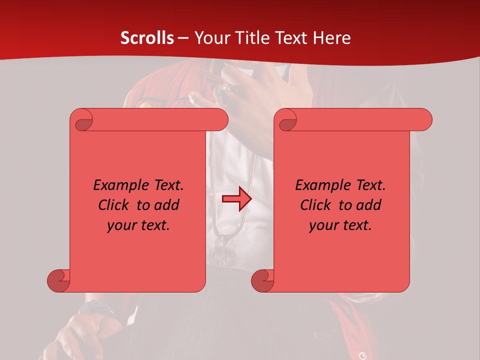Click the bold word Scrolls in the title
[147, 38]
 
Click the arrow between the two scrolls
[236, 199]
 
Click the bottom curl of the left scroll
[58, 280]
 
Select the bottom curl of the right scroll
[262, 280]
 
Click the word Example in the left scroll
[118, 185]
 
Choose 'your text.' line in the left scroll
[138, 225]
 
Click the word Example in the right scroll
[320, 185]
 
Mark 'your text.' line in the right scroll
[340, 225]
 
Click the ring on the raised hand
[222, 90]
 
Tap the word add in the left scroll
[166, 205]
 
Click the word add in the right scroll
[368, 205]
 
